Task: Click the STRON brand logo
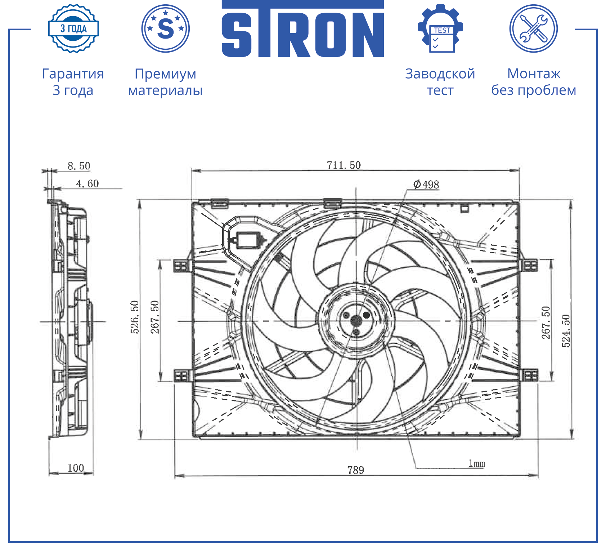pos(302,29)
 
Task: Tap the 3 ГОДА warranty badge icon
pos(73,28)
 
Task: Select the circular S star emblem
pos(166,28)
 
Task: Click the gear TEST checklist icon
pos(440,28)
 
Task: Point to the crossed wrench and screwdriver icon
pos(534,28)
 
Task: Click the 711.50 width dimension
pos(344,165)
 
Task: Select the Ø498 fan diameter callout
pos(426,185)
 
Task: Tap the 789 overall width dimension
pos(356,470)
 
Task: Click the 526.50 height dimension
pos(135,317)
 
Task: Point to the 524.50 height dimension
pos(566,331)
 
